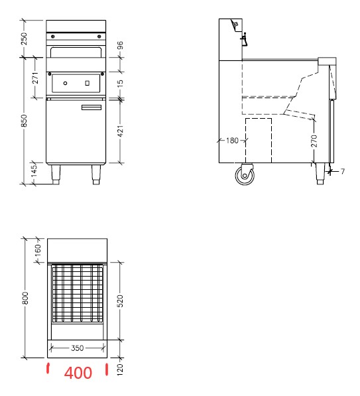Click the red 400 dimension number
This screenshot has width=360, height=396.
[78, 373]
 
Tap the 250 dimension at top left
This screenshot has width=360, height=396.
[24, 39]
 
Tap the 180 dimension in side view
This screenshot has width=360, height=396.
[232, 141]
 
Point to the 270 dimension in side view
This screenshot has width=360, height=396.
[314, 141]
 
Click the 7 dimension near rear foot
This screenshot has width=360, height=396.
[343, 172]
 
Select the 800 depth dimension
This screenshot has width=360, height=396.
[24, 299]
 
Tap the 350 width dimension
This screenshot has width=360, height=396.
[77, 348]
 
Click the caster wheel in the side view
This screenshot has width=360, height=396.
[245, 176]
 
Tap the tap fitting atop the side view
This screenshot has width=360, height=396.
[244, 39]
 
